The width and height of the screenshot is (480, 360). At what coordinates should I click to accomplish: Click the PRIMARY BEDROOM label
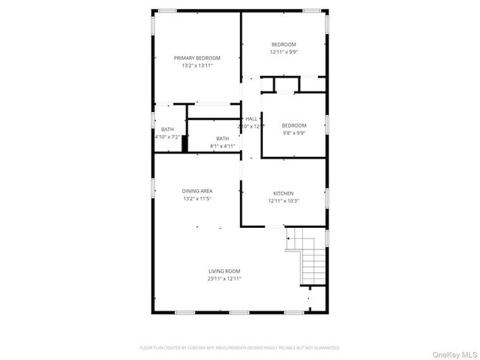[196, 58]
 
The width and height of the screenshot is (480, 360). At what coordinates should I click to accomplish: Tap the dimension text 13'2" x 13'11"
[196, 66]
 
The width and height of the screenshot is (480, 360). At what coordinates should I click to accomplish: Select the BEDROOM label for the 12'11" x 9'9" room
[284, 44]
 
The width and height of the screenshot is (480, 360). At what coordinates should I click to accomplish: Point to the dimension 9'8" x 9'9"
[293, 134]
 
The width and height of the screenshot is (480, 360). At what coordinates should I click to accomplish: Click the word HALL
[251, 119]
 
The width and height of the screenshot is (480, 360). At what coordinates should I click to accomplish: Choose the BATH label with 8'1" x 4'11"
[222, 138]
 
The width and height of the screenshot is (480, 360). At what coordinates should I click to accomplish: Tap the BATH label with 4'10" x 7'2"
[168, 129]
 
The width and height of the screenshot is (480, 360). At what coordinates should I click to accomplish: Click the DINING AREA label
[197, 191]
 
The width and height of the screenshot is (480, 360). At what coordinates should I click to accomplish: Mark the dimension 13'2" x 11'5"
[197, 199]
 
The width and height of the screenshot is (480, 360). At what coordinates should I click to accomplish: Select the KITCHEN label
[284, 193]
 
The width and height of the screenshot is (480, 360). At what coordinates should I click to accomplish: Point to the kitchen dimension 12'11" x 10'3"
[284, 201]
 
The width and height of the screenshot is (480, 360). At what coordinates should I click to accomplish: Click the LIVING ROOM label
[224, 271]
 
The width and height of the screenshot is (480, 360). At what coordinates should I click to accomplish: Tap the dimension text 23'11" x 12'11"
[224, 279]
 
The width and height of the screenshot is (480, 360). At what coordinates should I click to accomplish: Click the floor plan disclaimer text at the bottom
[240, 347]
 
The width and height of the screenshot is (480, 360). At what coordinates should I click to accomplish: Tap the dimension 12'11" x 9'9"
[284, 52]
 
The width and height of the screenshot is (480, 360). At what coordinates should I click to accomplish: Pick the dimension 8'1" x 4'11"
[222, 146]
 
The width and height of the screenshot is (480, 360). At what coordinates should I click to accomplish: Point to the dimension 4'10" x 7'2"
[168, 137]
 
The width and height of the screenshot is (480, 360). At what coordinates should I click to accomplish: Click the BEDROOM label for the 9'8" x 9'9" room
[293, 125]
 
